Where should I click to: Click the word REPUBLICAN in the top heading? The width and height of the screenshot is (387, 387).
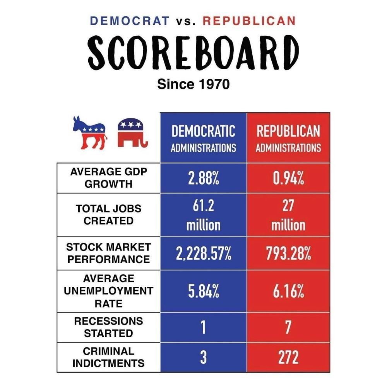(250, 21)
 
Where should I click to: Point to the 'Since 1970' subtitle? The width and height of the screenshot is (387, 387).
(193, 84)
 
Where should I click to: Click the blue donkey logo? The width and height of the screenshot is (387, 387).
(89, 133)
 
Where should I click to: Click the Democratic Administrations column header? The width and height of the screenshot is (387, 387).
(203, 138)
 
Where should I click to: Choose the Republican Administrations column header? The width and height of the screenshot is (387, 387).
(288, 138)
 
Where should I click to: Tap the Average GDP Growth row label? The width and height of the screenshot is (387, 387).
(109, 178)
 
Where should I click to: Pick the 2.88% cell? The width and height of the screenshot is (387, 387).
(203, 179)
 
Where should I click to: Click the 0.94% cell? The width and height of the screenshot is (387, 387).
(288, 179)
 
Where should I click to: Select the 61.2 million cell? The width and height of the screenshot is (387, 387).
(203, 215)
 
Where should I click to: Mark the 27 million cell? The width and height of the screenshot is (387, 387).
(288, 215)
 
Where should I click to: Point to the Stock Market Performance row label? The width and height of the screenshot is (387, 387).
(109, 253)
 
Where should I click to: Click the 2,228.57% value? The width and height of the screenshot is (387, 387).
(203, 254)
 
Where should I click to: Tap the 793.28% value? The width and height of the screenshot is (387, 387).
(288, 254)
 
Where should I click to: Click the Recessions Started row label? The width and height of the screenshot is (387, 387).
(109, 327)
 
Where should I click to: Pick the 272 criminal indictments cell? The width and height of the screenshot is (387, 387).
(288, 358)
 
